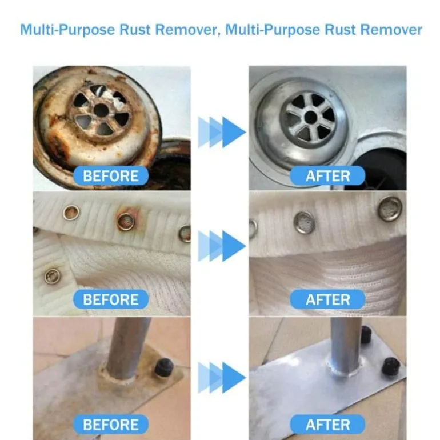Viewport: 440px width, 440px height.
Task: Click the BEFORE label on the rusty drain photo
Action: (x=111, y=176)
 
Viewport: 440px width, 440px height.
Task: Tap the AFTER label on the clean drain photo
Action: (x=327, y=176)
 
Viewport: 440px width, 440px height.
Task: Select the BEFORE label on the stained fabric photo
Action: (x=111, y=299)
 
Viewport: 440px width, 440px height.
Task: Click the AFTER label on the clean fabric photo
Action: (x=327, y=299)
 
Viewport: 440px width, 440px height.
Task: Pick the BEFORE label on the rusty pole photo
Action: (x=111, y=424)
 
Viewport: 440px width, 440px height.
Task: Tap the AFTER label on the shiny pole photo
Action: (x=327, y=424)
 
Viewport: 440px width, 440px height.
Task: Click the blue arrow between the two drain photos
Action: (x=222, y=132)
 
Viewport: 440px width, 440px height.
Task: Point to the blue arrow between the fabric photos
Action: (x=222, y=246)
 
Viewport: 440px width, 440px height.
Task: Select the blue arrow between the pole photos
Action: (x=222, y=377)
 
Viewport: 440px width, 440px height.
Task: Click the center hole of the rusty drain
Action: (x=101, y=110)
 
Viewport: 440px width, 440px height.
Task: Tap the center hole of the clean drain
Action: (x=310, y=117)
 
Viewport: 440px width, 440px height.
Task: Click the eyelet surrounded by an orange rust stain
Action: (x=126, y=221)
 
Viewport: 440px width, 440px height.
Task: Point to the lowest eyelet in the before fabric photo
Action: (x=52, y=276)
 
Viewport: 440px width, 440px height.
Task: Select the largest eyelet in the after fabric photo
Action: (x=390, y=209)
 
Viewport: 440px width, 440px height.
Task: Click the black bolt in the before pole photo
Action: (x=163, y=367)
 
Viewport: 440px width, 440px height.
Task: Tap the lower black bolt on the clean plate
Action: (x=391, y=366)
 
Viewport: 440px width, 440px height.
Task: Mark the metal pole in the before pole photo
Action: (x=127, y=348)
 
